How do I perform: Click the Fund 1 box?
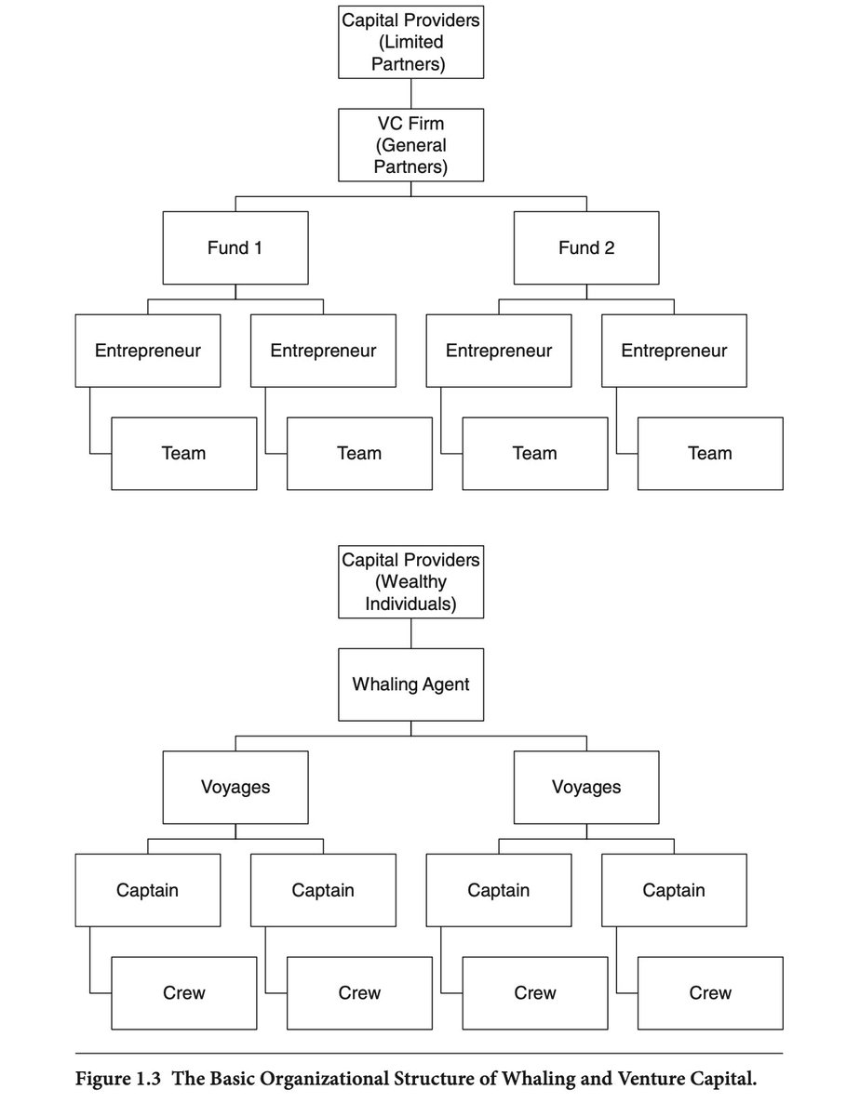pos(235,247)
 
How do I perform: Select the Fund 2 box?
pos(586,247)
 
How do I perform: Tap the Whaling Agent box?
pos(410,684)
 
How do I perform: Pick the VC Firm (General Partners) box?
pos(410,145)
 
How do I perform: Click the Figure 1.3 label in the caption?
pos(118,1078)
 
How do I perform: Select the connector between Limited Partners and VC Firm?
pos(410,94)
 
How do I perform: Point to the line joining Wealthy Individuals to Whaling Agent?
pos(410,633)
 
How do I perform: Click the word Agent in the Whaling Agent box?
pos(447,685)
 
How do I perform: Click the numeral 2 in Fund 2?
pos(609,247)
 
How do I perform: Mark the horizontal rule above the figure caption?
pos(429,1054)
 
